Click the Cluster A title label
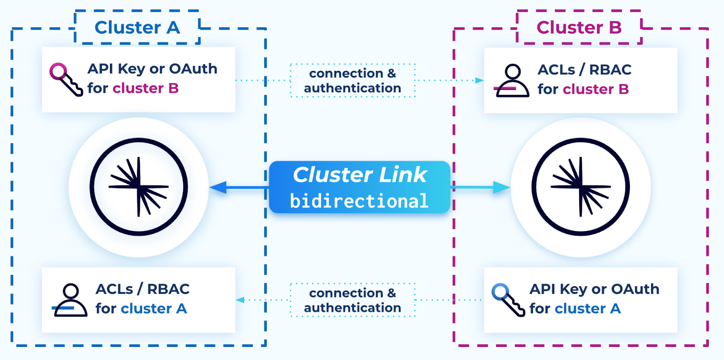point(137,28)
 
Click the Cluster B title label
point(579,28)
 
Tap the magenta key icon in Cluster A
point(66,79)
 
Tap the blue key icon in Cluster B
point(508,299)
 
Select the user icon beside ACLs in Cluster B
point(512,81)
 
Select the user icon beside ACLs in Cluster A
point(70,300)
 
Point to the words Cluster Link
point(360,175)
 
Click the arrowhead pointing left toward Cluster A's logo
point(218,187)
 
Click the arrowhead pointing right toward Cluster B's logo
point(501,187)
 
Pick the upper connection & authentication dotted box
point(352,81)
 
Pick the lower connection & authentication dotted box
point(352,300)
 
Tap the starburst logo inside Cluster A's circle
point(138,187)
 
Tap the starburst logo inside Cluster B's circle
point(581,187)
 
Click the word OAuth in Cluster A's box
point(193,69)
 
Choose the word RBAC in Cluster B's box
point(610,70)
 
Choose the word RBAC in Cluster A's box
point(168,289)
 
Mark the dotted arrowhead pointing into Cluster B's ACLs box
point(479,81)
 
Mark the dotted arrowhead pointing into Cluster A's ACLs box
point(240,300)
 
